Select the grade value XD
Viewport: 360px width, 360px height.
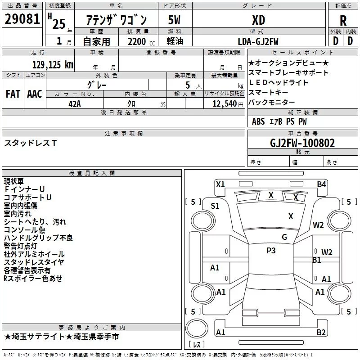point(258,20)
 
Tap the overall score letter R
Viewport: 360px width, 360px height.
point(343,20)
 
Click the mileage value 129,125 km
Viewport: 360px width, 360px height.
point(53,64)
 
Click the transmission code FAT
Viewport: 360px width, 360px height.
point(13,94)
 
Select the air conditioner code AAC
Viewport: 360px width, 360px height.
point(35,94)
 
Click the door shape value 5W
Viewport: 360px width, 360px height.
point(175,20)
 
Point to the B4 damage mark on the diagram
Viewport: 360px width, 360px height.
point(321,184)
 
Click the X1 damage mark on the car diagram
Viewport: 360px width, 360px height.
point(220,184)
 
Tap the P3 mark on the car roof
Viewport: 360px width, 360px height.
point(271,251)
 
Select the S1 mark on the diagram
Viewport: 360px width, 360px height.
point(215,206)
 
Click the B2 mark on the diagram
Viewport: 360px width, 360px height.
point(321,333)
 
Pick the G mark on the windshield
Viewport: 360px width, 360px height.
point(284,237)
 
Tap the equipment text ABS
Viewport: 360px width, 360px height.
point(258,121)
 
